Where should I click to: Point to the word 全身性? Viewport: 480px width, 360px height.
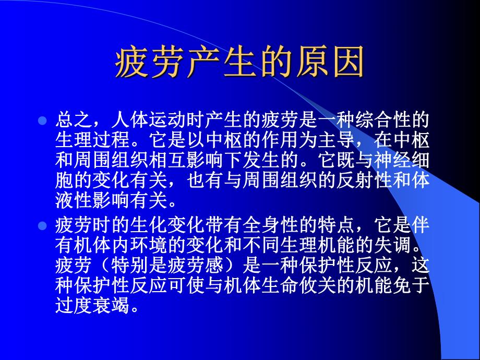(271, 226)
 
